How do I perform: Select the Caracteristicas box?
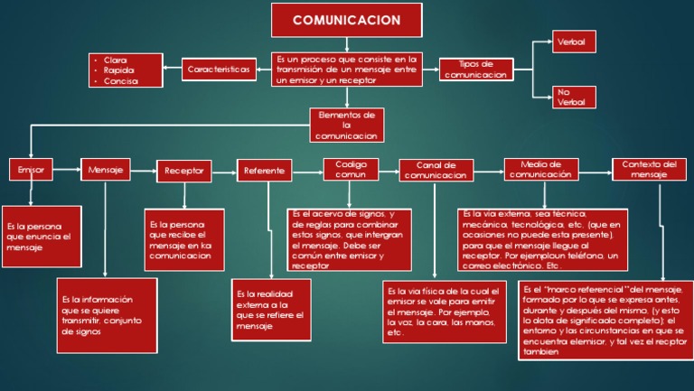tap(220, 70)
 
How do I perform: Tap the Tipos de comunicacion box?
tap(475, 70)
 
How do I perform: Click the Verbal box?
tap(570, 42)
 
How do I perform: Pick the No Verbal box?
tap(570, 97)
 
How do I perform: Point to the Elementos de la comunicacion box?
tap(346, 125)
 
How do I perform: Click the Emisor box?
tap(31, 169)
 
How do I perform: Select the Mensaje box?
tap(107, 169)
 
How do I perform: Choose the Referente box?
tap(265, 170)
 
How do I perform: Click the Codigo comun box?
tap(351, 170)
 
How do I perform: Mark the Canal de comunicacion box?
tap(436, 170)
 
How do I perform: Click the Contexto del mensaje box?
tap(649, 169)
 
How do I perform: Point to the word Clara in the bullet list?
tap(116, 59)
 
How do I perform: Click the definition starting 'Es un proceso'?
tap(348, 70)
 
